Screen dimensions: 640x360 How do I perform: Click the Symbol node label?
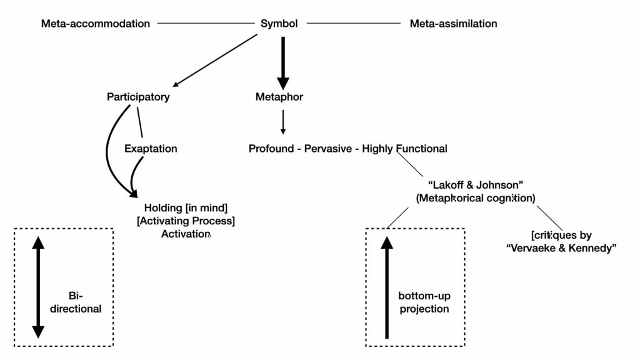pyautogui.click(x=279, y=24)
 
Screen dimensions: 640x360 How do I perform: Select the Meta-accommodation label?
pyautogui.click(x=96, y=24)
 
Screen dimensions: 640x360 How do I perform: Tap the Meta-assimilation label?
pyautogui.click(x=454, y=24)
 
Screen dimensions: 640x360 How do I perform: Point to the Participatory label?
pyautogui.click(x=138, y=97)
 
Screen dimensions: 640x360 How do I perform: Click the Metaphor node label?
pyautogui.click(x=279, y=97)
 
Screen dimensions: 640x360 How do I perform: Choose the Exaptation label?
pyautogui.click(x=151, y=149)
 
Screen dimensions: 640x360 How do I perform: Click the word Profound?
pyautogui.click(x=271, y=149)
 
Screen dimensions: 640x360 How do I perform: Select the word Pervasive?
pyautogui.click(x=328, y=149)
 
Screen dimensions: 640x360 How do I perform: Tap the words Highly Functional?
pyautogui.click(x=404, y=149)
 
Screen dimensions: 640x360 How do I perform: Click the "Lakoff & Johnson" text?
pyautogui.click(x=476, y=185)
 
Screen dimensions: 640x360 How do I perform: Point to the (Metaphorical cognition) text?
pyautogui.click(x=476, y=198)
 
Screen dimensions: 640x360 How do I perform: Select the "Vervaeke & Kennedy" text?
pyautogui.click(x=561, y=248)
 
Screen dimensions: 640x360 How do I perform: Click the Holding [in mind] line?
pyautogui.click(x=186, y=207)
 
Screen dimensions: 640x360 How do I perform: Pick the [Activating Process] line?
pyautogui.click(x=186, y=221)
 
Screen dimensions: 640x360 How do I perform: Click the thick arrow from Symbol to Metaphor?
pyautogui.click(x=283, y=63)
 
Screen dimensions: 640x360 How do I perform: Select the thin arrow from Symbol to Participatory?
pyautogui.click(x=215, y=61)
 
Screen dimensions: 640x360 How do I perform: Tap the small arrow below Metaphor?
pyautogui.click(x=283, y=122)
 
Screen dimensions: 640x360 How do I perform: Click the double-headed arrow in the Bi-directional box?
pyautogui.click(x=38, y=287)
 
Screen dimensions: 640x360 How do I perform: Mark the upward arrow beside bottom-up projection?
pyautogui.click(x=386, y=287)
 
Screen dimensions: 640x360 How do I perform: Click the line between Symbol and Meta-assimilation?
pyautogui.click(x=354, y=23)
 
